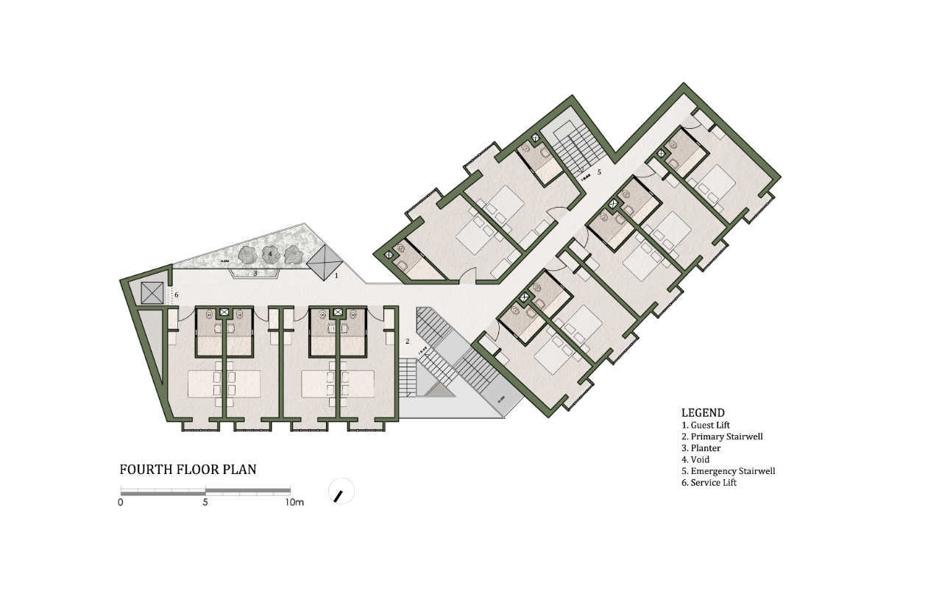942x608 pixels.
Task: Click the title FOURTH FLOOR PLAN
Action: [188, 469]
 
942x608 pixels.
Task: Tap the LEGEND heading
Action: [703, 413]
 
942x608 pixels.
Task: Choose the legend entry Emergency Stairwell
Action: [728, 471]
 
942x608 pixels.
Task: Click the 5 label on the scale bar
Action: [205, 503]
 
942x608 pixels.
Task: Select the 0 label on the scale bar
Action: [120, 503]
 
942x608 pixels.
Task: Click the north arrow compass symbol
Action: [340, 492]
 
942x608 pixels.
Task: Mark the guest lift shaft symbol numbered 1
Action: [325, 261]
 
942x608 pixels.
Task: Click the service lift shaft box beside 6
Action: [152, 292]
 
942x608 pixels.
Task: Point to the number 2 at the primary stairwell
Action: [406, 342]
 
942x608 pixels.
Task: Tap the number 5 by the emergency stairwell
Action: [599, 172]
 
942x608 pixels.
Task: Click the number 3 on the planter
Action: [255, 273]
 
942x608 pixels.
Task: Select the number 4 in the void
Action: [271, 253]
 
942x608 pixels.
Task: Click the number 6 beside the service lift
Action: [176, 295]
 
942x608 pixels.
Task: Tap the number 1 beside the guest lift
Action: [336, 276]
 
